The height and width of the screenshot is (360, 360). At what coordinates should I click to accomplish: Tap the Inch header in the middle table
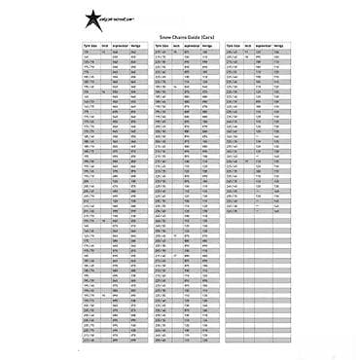(x=175, y=45)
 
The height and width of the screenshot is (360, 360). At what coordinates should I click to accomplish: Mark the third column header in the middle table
(x=191, y=45)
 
